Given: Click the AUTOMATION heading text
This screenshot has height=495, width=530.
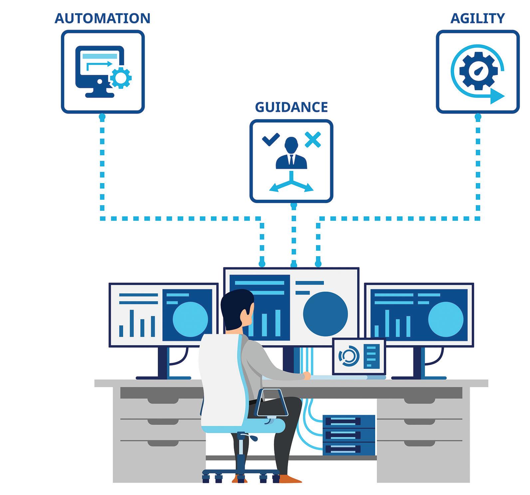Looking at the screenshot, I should pos(102,18).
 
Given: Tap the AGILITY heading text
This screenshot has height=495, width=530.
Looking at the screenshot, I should pos(477,18).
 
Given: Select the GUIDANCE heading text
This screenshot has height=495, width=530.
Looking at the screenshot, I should pos(291,107).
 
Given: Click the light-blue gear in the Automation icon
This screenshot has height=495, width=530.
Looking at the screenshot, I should pos(121,78).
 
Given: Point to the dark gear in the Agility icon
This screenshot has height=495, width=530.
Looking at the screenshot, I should pos(478,71).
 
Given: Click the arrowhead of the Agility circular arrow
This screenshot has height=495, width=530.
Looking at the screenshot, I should pos(497,96).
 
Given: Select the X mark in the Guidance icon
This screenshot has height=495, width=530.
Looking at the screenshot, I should pos(313,139).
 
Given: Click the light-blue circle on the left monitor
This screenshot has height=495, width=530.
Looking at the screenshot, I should pos(190,319).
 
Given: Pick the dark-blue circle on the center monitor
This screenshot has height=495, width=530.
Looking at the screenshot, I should pos(325,314).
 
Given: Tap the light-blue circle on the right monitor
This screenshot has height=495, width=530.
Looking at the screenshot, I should pos(445,319).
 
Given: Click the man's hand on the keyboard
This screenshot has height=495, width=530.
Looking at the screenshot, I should pos(307,376).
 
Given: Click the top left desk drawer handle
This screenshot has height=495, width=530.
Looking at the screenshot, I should pos(158,401).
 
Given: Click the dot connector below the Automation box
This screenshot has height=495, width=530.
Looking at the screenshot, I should pos(102,117).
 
